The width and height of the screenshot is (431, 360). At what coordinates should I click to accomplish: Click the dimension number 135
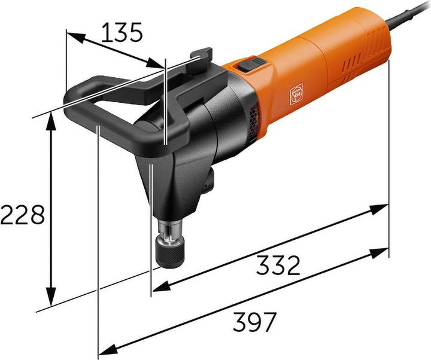click(x=122, y=32)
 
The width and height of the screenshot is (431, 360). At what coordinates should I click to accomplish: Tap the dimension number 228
click(x=23, y=214)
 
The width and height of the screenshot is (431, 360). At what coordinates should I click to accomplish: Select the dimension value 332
click(x=278, y=265)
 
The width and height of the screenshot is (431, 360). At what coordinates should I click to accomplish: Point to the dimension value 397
click(x=254, y=322)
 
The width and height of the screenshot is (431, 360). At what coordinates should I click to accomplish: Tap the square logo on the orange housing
click(x=296, y=94)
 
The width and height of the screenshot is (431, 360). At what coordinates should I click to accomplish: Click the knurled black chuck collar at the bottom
click(x=172, y=252)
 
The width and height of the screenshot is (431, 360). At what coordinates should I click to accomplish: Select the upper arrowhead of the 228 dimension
click(x=51, y=122)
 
